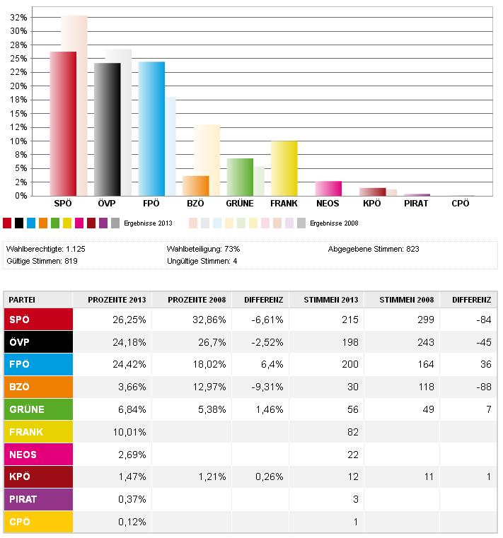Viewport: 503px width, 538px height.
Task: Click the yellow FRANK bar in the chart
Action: [284, 168]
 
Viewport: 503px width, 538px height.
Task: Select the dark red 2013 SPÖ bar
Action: [63, 124]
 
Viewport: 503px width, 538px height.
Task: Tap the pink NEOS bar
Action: [328, 188]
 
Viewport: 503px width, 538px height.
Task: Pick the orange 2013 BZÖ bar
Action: [196, 186]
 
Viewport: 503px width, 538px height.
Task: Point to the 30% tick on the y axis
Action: [18, 31]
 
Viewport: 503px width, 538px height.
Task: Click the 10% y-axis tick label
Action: [18, 141]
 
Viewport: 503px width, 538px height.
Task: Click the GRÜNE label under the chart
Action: [240, 204]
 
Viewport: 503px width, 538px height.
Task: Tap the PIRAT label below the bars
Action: [416, 204]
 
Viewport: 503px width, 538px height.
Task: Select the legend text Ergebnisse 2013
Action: [148, 223]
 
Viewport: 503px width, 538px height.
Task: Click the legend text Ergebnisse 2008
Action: [334, 223]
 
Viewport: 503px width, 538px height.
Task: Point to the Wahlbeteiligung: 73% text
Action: [203, 249]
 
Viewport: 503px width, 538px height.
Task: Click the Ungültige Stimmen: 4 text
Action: [202, 261]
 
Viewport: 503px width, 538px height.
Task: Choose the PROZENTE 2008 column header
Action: [197, 300]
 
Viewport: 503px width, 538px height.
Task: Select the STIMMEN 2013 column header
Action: [331, 300]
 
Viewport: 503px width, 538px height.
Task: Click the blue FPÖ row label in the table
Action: [38, 364]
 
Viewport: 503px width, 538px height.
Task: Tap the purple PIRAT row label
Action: [38, 500]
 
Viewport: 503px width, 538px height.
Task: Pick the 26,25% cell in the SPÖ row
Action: [129, 320]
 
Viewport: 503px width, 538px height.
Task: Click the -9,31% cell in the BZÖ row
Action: [267, 387]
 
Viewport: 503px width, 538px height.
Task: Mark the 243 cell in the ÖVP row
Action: [426, 342]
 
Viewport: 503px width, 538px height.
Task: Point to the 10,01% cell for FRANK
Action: [129, 432]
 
